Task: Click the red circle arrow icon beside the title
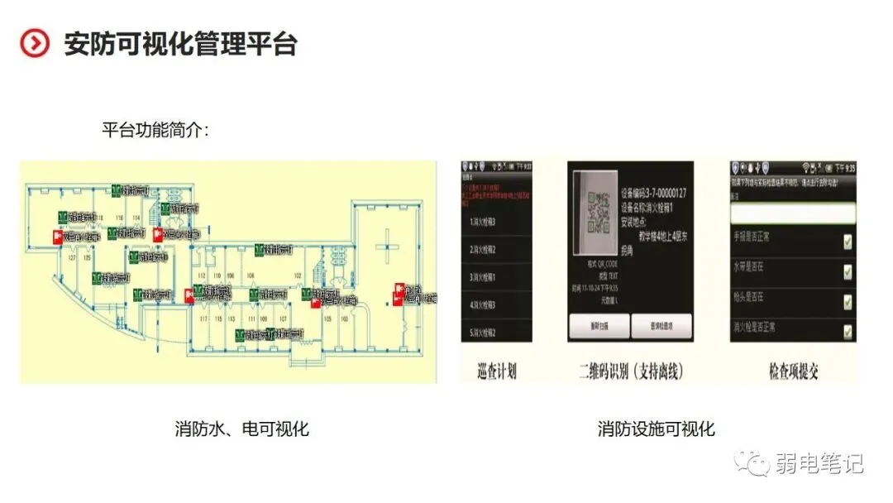35,44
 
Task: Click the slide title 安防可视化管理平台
180,44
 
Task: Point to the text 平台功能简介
155,131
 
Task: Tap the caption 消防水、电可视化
241,429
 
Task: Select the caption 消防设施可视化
657,429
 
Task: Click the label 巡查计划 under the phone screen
497,371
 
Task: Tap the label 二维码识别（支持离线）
631,371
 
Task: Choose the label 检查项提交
792,371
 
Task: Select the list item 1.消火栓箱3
487,221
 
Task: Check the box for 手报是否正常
847,242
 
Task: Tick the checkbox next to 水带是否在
847,271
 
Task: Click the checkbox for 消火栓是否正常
847,332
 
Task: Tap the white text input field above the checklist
792,213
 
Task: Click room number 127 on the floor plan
71,259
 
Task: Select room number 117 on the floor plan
203,318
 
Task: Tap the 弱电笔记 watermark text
819,464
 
